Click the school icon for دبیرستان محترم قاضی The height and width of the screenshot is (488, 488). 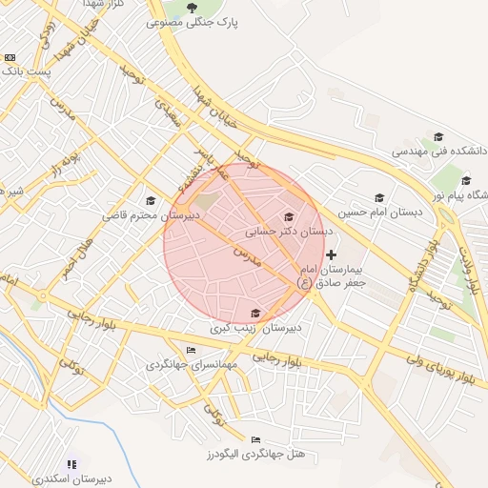coord(150,200)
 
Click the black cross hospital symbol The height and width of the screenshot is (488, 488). coord(331,254)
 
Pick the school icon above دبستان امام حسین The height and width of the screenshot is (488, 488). coord(379,197)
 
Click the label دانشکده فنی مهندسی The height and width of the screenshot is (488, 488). coord(436,151)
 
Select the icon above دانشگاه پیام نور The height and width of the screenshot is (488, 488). coord(466,180)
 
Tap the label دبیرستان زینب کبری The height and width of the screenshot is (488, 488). coord(254,327)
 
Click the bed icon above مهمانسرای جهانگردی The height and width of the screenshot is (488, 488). coord(192,350)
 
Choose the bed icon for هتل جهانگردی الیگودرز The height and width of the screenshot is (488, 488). coord(254,439)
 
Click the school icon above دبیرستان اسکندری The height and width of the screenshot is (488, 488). coord(72,464)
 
